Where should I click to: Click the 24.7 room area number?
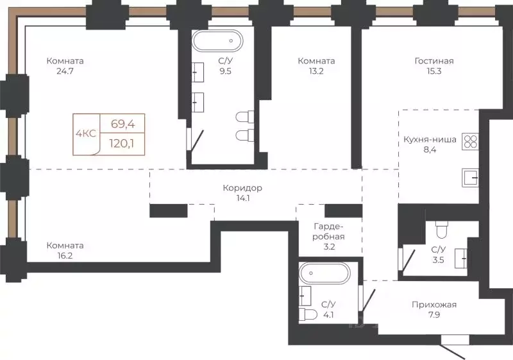click(65, 71)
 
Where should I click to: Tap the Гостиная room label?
click(434, 61)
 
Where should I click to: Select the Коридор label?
click(242, 188)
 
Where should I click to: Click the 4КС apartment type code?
click(86, 133)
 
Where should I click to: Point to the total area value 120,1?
click(122, 143)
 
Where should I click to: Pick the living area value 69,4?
click(122, 124)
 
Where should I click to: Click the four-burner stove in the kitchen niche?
click(470, 142)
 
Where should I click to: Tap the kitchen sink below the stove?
click(470, 178)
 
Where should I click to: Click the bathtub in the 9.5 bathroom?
click(217, 40)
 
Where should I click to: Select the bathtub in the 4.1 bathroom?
click(324, 273)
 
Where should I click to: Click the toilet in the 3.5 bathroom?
click(442, 230)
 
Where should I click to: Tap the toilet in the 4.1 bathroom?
click(308, 314)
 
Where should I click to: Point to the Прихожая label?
click(434, 305)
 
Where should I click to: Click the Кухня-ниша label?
click(430, 139)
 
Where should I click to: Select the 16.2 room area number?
click(65, 255)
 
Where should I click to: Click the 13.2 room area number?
click(316, 71)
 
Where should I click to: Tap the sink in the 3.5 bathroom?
click(460, 258)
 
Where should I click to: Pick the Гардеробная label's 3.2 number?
click(329, 247)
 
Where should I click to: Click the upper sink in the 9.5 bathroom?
click(198, 72)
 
